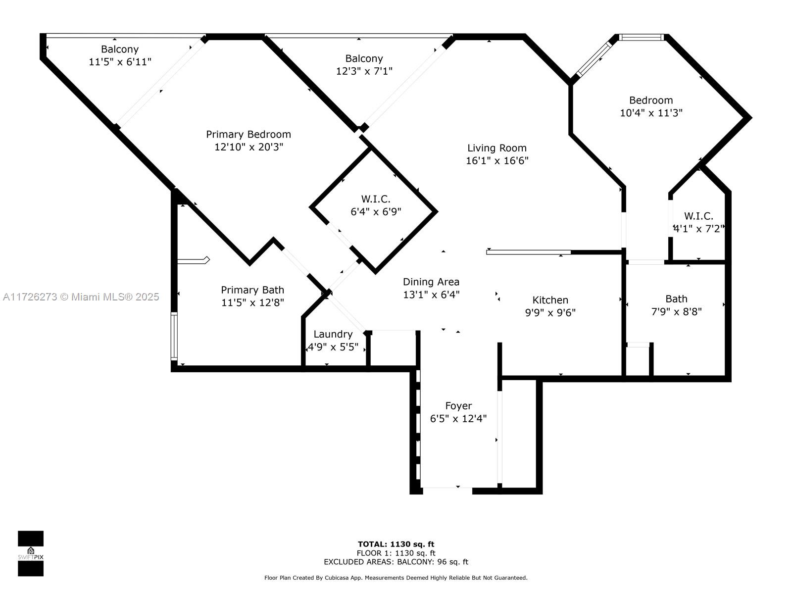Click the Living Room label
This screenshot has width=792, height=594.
tap(496, 148)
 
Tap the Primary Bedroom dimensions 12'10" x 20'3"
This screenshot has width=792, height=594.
tap(248, 147)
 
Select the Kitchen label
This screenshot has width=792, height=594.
tap(550, 299)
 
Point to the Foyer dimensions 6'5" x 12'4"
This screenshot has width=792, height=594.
tap(458, 418)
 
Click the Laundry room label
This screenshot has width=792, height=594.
tap(333, 334)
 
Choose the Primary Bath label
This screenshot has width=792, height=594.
tap(252, 290)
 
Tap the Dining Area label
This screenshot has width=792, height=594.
tap(431, 282)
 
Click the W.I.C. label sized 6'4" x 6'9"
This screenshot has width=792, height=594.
tap(376, 198)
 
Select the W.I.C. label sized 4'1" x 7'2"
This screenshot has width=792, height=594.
tap(698, 216)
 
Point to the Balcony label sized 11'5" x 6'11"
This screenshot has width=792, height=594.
tap(120, 49)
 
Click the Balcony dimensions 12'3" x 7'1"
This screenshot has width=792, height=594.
tap(364, 71)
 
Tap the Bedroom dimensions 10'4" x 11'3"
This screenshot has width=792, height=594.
tap(651, 113)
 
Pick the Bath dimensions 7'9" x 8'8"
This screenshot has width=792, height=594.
tap(676, 311)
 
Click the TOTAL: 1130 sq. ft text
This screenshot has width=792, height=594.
tap(396, 544)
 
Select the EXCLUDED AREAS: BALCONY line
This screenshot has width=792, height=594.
tap(396, 562)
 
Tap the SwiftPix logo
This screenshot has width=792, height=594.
tap(31, 553)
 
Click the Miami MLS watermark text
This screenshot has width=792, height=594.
tap(81, 297)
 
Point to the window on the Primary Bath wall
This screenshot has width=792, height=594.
tap(174, 336)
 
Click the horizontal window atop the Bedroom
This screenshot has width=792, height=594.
tap(641, 37)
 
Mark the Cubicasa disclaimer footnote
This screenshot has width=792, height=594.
tap(396, 578)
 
